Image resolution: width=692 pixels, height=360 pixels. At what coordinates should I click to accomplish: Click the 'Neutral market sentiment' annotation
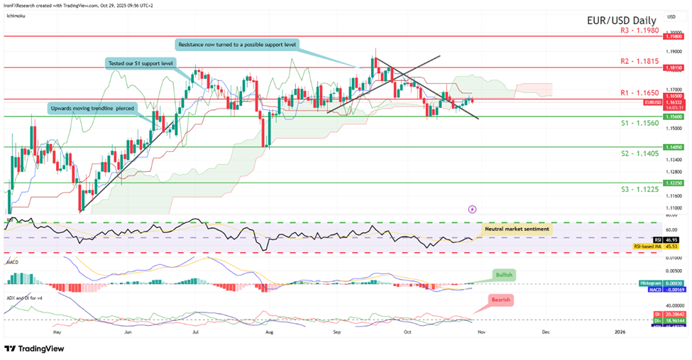(x=516, y=229)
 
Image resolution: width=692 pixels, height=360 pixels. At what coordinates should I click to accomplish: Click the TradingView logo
(x=35, y=349)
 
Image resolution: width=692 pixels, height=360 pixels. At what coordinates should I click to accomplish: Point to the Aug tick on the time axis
(x=268, y=331)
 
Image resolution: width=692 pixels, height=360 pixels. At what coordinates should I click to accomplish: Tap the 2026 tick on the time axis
(x=619, y=331)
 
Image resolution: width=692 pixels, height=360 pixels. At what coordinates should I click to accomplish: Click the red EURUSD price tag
(x=654, y=103)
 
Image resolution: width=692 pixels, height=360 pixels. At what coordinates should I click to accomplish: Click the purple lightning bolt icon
(x=473, y=209)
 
